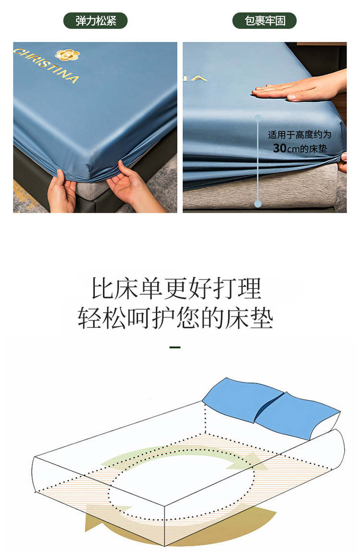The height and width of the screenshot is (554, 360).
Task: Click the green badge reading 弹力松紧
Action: click(96, 21)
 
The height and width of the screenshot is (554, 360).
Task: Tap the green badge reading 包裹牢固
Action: click(264, 21)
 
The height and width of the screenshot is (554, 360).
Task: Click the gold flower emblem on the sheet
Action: click(67, 54)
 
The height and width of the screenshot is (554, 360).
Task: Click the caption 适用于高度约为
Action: click(299, 134)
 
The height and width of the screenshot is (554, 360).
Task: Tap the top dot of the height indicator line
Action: click(258, 118)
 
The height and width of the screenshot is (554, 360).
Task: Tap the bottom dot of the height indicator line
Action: click(258, 204)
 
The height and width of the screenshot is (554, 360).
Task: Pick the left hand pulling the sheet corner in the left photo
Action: click(62, 192)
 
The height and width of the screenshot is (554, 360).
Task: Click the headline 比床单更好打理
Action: click(176, 289)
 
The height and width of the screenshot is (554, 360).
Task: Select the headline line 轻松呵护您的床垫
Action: click(176, 318)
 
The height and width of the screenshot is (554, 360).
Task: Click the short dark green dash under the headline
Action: click(175, 347)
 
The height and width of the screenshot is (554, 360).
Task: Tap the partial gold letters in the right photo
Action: click(195, 78)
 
